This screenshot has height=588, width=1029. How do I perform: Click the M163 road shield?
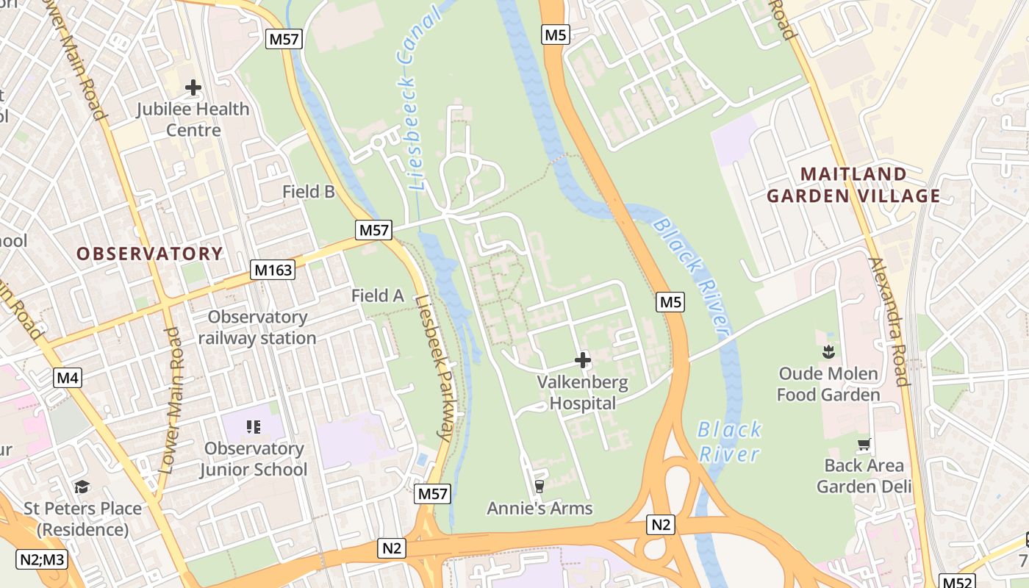(273, 270)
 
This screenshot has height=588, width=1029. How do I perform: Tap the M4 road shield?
(68, 379)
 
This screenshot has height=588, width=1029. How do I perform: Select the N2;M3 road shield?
(42, 559)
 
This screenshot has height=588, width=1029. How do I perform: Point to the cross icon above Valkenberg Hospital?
(583, 360)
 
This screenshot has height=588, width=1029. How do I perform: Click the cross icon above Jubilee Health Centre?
(193, 88)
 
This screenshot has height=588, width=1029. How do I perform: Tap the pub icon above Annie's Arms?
(539, 485)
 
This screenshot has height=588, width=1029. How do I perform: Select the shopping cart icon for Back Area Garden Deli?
(864, 444)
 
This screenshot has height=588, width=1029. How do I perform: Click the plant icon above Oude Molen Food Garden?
(828, 352)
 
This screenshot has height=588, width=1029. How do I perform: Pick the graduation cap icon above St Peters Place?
(82, 487)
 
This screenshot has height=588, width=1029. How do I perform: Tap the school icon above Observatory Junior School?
(254, 426)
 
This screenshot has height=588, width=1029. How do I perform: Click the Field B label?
(309, 192)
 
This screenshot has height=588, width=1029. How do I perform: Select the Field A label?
(378, 295)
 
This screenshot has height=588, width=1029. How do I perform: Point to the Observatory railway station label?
(257, 328)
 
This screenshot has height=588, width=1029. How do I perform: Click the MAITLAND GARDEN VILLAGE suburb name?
(853, 185)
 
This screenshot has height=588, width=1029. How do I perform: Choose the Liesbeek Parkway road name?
(433, 367)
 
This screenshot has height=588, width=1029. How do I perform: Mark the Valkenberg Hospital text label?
(583, 392)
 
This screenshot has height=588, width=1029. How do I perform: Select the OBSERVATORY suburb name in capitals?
(149, 254)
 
